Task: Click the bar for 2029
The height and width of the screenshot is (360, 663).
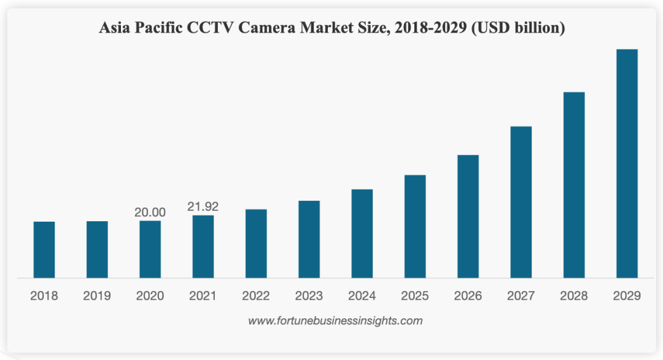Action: [x=627, y=163]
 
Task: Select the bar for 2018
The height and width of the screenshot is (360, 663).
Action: [x=44, y=249]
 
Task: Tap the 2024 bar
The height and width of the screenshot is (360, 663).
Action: [x=362, y=233]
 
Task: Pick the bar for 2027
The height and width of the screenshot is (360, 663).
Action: [x=521, y=202]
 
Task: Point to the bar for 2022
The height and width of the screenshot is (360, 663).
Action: [x=256, y=243]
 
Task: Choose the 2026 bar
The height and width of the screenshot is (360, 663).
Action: [x=468, y=216]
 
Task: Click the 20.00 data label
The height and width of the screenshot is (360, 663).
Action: [x=150, y=212]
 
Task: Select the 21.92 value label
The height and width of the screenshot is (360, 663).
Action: [x=203, y=206]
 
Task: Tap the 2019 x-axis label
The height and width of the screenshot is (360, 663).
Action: [x=97, y=295]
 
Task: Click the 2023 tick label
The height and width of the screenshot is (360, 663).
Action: [x=309, y=295]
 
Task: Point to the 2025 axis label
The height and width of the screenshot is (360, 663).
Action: [x=414, y=295]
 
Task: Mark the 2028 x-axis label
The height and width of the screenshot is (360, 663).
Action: [x=573, y=295]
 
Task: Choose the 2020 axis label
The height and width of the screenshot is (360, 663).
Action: [x=150, y=295]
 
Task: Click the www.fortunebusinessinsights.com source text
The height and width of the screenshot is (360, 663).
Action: [x=335, y=320]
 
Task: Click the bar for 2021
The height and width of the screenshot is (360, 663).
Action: [x=203, y=246]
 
